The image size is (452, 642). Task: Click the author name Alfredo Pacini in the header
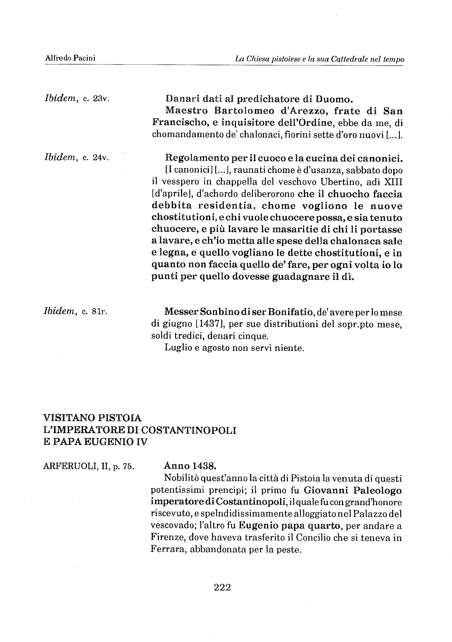click(70, 58)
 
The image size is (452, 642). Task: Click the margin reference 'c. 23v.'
click(96, 99)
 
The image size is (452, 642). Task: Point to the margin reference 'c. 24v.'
click(96, 158)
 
